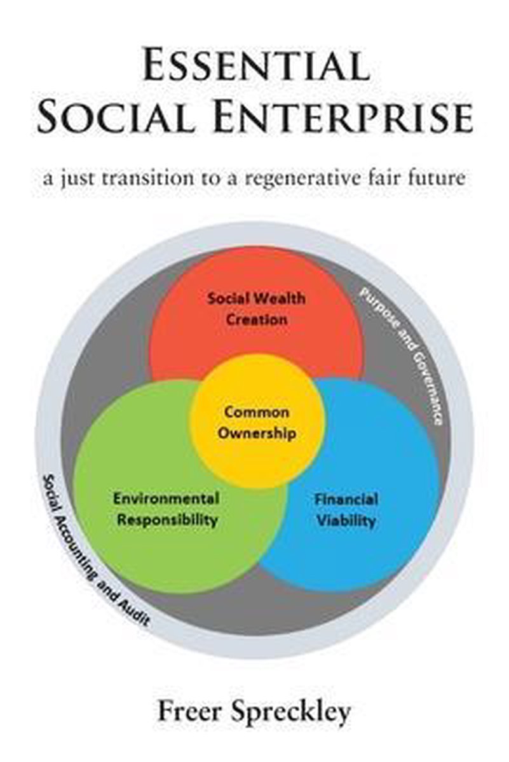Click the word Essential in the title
click(x=256, y=65)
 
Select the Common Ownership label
click(x=257, y=423)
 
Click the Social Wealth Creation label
click(x=256, y=309)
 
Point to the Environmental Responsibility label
click(x=166, y=509)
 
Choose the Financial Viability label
click(x=346, y=509)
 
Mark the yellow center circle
click(x=257, y=420)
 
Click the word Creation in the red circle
click(x=257, y=320)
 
